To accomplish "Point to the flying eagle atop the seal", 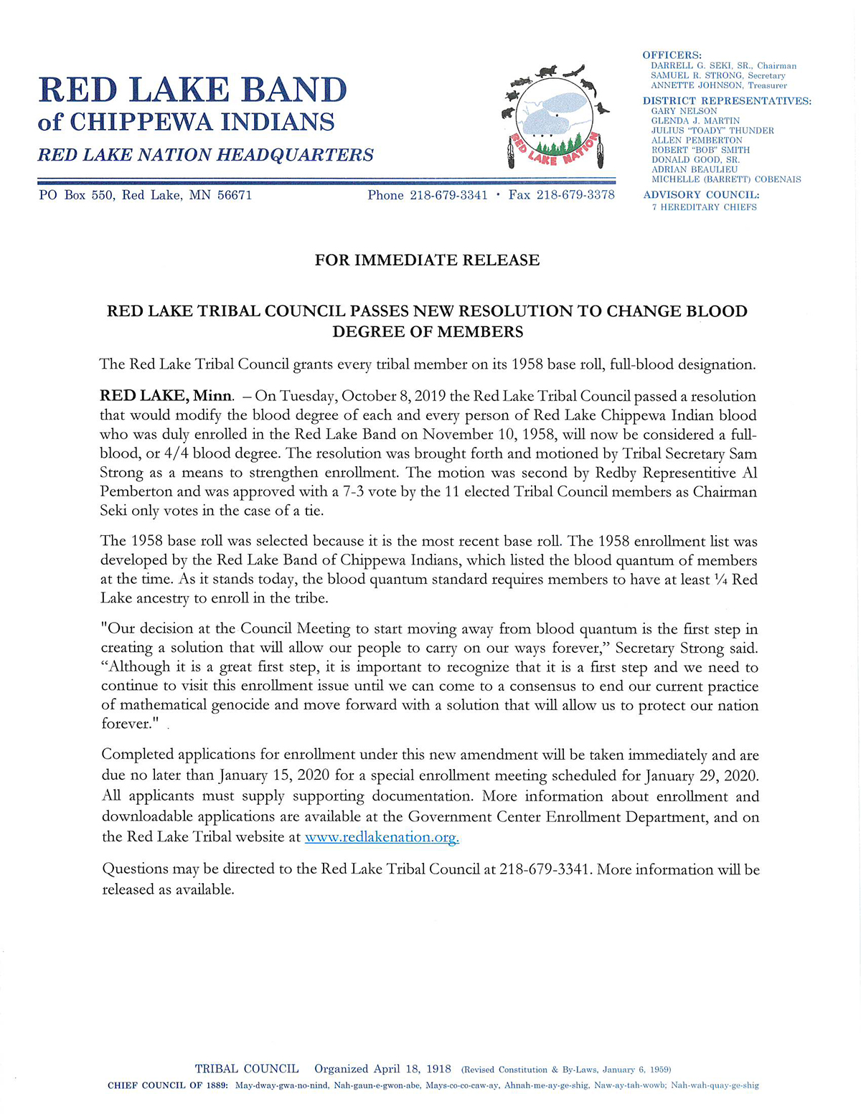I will pos(573,70).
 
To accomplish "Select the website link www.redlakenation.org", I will pos(382,836).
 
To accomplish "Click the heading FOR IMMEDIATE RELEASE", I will pos(427,260).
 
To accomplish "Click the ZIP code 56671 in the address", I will pos(235,195).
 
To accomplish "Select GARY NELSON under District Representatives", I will pos(684,111).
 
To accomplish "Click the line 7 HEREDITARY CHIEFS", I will pos(704,207).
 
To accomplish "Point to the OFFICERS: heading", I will pos(672,55).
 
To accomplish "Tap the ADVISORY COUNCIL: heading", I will pos(701,195).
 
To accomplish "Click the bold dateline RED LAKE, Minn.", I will pos(166,396).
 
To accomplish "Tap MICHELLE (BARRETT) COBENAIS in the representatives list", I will pos(726,179).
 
